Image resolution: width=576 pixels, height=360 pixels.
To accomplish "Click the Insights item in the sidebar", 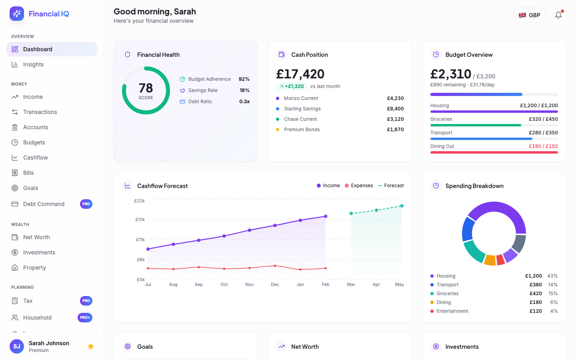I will tap(33, 64).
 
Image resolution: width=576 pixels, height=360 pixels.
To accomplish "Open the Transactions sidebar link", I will tap(40, 112).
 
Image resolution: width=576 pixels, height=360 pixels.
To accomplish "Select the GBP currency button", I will tap(529, 15).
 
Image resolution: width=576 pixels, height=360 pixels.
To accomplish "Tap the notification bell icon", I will tap(558, 15).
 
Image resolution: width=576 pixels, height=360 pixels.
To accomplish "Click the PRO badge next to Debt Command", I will tap(86, 204).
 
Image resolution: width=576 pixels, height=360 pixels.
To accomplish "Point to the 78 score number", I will tap(146, 88).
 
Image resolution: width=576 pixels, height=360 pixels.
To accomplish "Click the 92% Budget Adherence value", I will tap(244, 79).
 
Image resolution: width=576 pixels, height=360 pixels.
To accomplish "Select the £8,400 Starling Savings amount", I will tap(395, 109).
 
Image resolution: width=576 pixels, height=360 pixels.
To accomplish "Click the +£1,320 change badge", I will tap(292, 86).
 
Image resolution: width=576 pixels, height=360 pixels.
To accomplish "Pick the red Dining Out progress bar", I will tap(494, 152).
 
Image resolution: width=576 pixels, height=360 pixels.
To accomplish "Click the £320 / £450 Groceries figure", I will tap(543, 119).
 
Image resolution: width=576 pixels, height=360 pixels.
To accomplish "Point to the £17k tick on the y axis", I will tap(140, 220).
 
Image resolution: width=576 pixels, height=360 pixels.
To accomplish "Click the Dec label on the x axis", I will tap(275, 284).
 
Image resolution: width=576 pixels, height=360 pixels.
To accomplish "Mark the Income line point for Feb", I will tap(326, 216).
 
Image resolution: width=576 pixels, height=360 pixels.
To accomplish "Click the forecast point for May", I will tap(402, 206).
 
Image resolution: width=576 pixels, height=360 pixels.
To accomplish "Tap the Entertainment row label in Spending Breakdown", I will tap(452, 311).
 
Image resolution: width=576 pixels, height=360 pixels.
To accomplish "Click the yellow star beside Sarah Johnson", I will tap(91, 346).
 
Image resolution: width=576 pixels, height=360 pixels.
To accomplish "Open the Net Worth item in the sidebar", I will tap(36, 237).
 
